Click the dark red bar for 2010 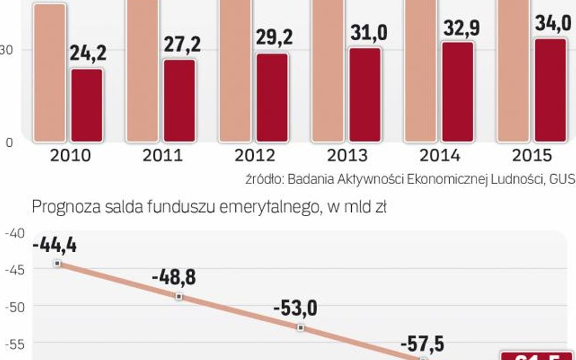point(87,105)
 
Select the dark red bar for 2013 point(365,94)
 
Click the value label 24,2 point(87,53)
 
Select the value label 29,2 point(273,37)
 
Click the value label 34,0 point(552,23)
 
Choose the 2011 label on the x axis point(162,155)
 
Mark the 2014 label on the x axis point(440,155)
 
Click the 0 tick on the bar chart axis point(9,143)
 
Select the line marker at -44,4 point(57,263)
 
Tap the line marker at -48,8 point(179,296)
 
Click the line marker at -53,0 point(300,328)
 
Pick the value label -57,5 point(422,345)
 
